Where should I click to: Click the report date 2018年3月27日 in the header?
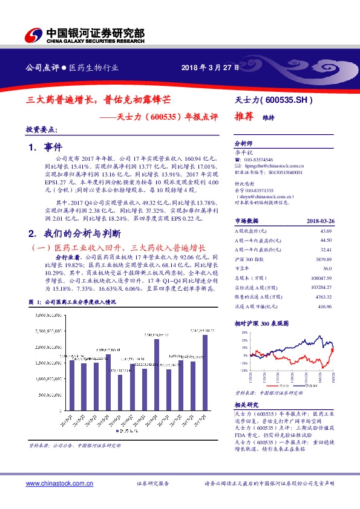(x=206, y=68)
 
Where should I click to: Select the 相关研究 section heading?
(x=247, y=405)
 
